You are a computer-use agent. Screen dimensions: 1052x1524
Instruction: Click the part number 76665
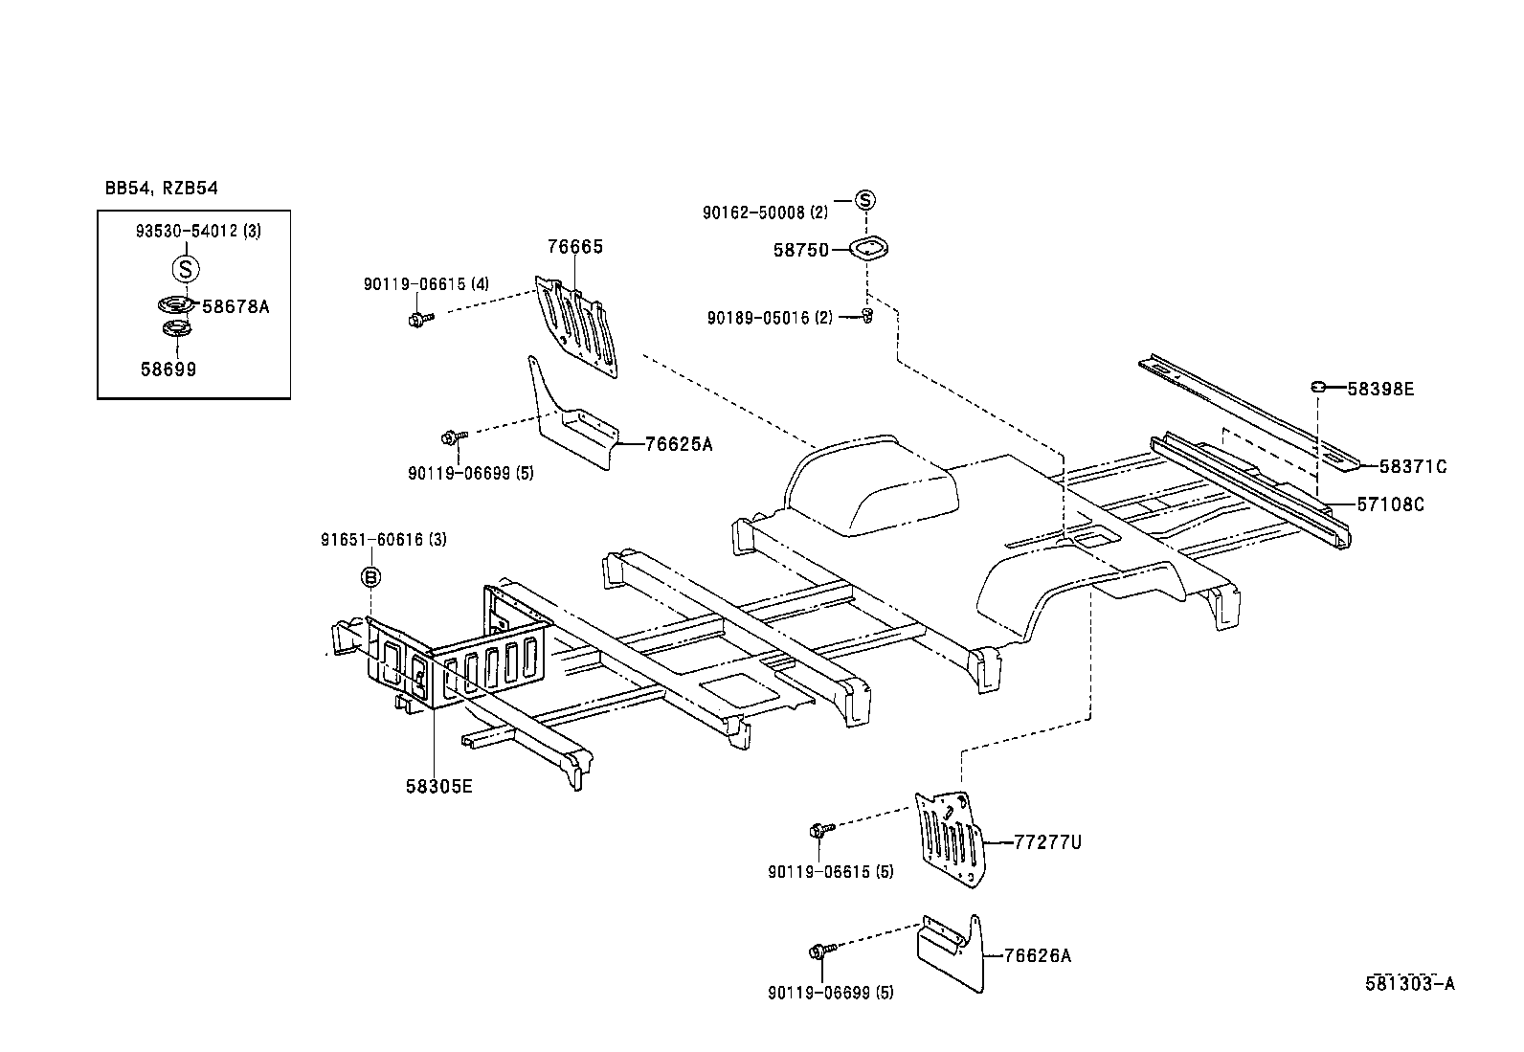pyautogui.click(x=574, y=247)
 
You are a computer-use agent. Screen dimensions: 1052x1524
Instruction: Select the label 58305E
pyautogui.click(x=439, y=787)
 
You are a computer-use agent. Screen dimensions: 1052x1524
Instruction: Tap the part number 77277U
pyautogui.click(x=1048, y=842)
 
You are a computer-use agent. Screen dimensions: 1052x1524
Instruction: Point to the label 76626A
pyautogui.click(x=1038, y=955)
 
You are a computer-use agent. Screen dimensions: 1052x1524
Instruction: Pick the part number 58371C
pyautogui.click(x=1413, y=467)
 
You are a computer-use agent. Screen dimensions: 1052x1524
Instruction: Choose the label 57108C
pyautogui.click(x=1390, y=504)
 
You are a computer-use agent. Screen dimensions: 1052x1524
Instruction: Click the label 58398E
pyautogui.click(x=1380, y=389)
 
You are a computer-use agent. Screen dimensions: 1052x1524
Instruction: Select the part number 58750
pyautogui.click(x=800, y=250)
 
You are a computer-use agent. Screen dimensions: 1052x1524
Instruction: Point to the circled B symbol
pyautogui.click(x=370, y=576)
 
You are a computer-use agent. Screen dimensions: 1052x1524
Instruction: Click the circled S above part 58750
pyautogui.click(x=864, y=200)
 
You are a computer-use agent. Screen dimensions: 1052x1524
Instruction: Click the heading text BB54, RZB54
pyautogui.click(x=162, y=188)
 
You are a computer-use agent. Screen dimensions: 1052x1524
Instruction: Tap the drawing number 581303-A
pyautogui.click(x=1409, y=984)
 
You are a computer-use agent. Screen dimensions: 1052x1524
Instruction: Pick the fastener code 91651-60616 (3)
pyautogui.click(x=383, y=540)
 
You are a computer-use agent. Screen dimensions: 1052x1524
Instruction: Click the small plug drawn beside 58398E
pyautogui.click(x=1317, y=386)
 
